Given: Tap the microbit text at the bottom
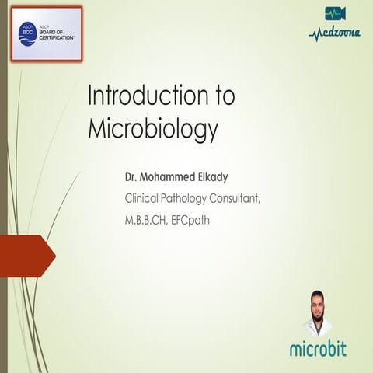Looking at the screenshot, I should (319, 350).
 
